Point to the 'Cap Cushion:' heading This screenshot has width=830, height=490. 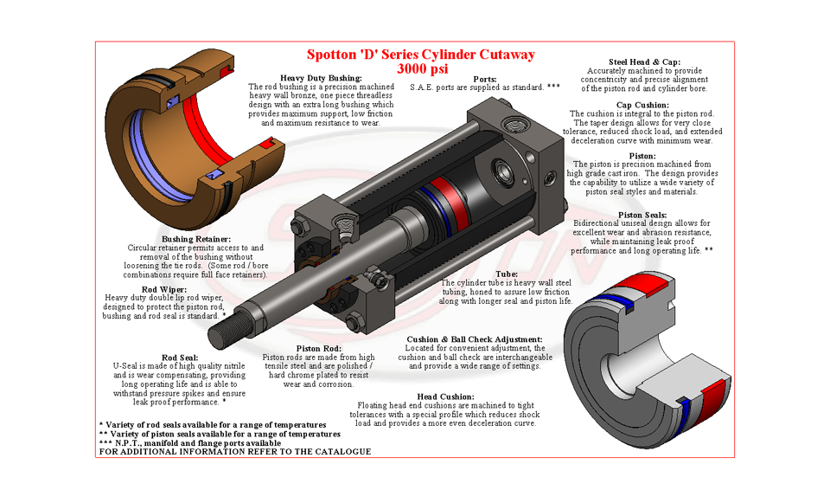tap(642, 105)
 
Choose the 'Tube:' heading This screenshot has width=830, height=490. tap(506, 274)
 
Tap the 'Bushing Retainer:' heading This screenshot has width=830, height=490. tap(196, 239)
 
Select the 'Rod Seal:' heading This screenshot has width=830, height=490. tap(180, 358)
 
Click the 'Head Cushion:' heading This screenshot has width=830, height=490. tap(445, 396)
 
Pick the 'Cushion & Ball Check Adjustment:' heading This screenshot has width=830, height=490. tap(475, 339)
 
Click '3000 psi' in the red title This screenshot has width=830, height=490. tap(420, 68)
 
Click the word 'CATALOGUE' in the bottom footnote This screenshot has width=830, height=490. tap(341, 452)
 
